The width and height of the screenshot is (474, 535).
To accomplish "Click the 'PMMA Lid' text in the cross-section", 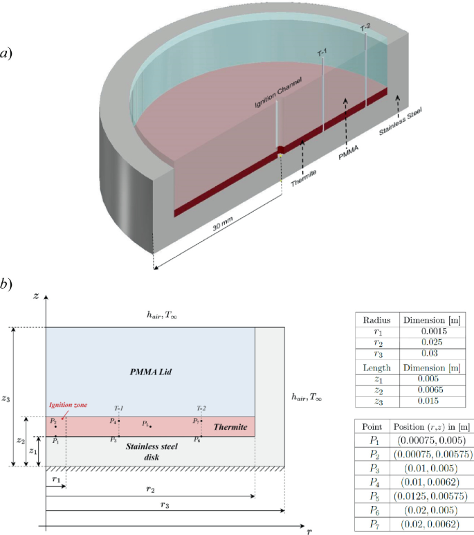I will [x=150, y=372].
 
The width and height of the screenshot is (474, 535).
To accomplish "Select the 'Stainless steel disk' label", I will [x=152, y=451].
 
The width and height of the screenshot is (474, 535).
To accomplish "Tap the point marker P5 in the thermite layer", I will [x=150, y=426].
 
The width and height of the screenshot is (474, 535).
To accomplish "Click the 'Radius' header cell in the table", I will [x=376, y=320].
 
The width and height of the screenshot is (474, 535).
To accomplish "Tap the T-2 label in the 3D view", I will [x=365, y=28].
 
